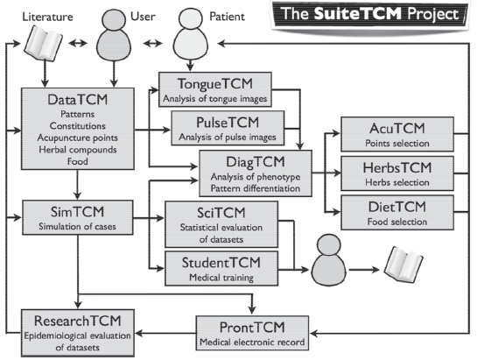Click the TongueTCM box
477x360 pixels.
coord(215,89)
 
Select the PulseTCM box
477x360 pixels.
coord(228,128)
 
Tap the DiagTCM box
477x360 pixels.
coord(256,173)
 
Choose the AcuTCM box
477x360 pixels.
coord(397,134)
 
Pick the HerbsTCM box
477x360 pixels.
coord(397,173)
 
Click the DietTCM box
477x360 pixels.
coord(397,213)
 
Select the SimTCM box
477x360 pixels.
coord(78,217)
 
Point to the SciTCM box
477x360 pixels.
coord(221,224)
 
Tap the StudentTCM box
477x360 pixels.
coord(221,268)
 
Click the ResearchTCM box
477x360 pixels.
coord(78,333)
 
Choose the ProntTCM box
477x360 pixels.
coord(252,333)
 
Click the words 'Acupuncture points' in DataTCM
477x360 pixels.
coord(78,138)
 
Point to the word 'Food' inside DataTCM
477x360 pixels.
coord(78,161)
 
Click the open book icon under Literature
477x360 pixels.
coord(43,43)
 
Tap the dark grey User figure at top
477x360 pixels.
coord(114,34)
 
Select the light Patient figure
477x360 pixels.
coord(191,34)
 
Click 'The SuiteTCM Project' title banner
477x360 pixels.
coord(370,15)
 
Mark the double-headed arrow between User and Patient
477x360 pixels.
coord(152,44)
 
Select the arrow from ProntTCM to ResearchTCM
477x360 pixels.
coord(165,333)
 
